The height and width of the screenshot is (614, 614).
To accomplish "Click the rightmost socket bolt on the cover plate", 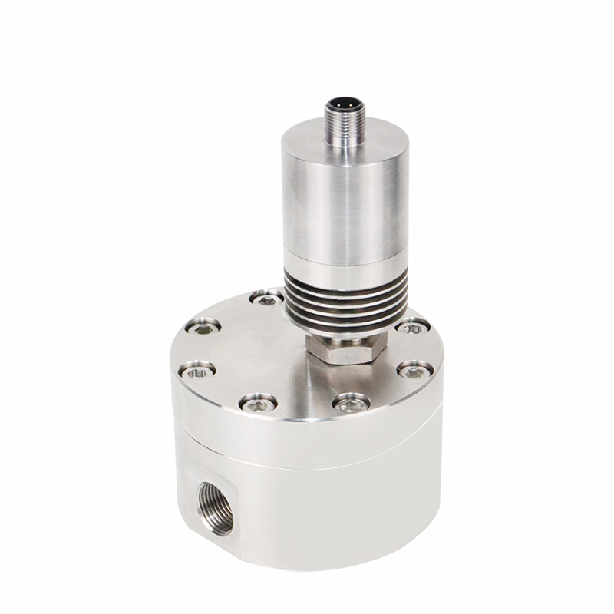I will (415, 370).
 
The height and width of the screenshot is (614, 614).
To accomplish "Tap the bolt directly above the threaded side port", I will (257, 401).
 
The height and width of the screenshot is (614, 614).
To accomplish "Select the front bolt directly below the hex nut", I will (352, 400).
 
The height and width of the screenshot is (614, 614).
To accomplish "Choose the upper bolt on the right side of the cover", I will (411, 325).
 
